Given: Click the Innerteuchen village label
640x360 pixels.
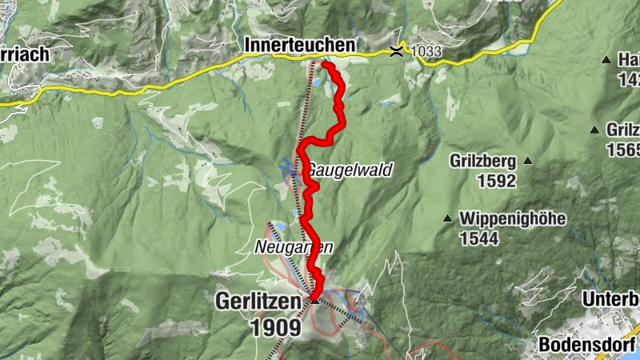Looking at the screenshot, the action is click(x=301, y=47).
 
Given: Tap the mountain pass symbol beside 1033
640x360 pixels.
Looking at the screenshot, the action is click(x=395, y=52).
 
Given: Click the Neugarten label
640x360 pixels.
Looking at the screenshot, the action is click(x=294, y=248).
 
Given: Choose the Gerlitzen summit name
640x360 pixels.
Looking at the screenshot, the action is click(x=261, y=302).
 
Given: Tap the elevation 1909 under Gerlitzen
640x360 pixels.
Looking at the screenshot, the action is click(x=276, y=327).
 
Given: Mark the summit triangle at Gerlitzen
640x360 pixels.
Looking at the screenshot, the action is click(x=314, y=301).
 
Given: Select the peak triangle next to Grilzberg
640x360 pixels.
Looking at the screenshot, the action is click(x=528, y=161).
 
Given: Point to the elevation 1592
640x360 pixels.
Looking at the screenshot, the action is click(x=496, y=181).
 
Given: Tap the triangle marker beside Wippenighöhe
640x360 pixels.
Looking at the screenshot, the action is click(x=447, y=218).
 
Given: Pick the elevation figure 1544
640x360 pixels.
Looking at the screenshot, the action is click(x=478, y=238).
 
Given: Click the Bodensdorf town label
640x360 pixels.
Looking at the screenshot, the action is click(x=586, y=344).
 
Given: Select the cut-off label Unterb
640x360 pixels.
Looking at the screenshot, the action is click(x=609, y=298).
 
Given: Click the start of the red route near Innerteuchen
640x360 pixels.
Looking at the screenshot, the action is click(x=324, y=63).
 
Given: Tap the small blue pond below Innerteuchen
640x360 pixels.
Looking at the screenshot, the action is click(x=317, y=82).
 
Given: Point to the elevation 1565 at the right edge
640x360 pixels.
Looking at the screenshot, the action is click(x=624, y=150).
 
